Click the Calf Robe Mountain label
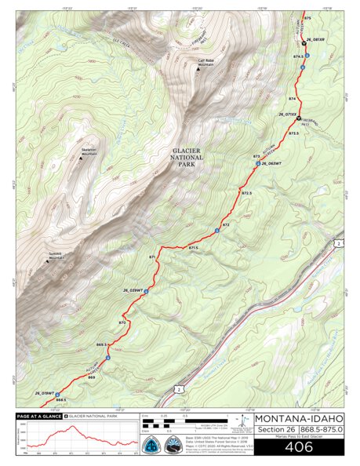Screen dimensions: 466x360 coord(205,61)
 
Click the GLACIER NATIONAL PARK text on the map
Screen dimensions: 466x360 coord(188,157)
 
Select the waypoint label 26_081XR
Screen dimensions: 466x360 coord(315,38)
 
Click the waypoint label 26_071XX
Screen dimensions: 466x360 coord(286,114)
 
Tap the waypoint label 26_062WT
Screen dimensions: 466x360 coord(271,163)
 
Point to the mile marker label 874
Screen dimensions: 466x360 coord(292,99)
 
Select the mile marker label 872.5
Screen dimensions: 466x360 coord(246,193)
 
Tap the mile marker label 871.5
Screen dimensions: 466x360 coord(193,248)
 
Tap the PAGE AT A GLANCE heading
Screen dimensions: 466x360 coord(39,415)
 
